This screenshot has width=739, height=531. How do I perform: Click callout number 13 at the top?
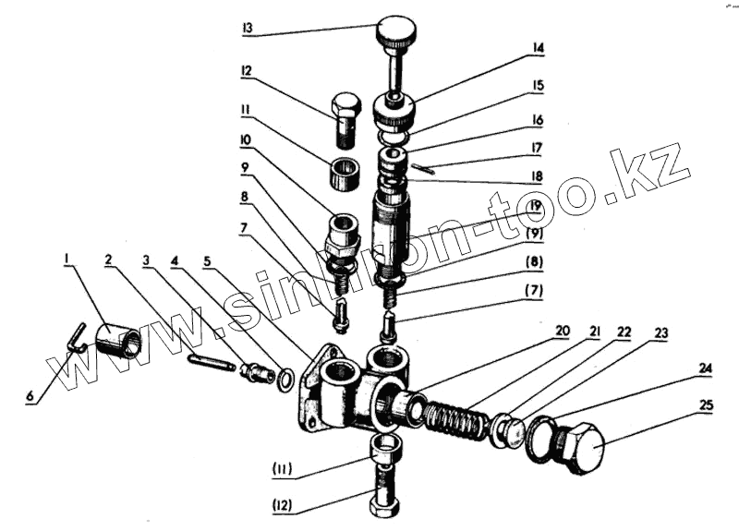point(247,29)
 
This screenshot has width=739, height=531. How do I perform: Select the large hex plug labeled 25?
point(578,446)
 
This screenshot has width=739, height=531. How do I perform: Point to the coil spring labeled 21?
point(458,421)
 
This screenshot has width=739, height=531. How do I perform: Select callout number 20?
point(563,330)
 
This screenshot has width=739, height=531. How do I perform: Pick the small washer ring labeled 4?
point(287,378)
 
